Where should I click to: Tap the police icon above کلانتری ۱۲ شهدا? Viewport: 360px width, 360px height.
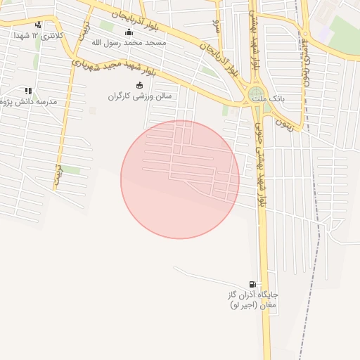tap(38, 25)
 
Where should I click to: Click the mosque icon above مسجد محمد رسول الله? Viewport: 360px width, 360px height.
tap(128, 32)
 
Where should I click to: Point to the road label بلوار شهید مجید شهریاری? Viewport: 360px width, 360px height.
tap(111, 70)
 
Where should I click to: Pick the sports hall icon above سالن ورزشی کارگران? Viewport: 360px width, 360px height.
tap(139, 86)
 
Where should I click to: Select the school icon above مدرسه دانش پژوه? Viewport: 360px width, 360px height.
tap(28, 91)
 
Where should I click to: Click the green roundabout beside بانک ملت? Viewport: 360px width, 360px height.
tap(257, 94)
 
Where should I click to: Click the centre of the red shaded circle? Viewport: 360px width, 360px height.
tap(180, 179)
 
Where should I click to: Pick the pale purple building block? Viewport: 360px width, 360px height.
tap(324, 32)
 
